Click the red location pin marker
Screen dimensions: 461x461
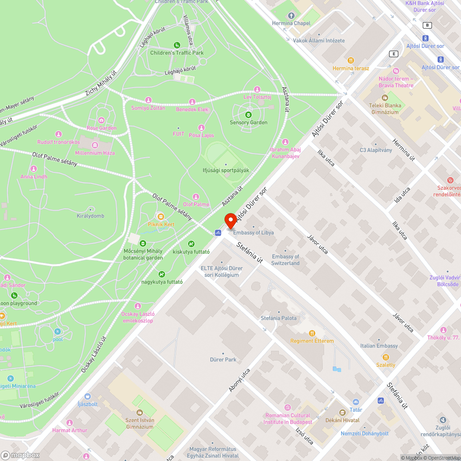[230, 220]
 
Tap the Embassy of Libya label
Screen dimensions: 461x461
[253, 232]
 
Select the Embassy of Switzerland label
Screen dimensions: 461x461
[285, 260]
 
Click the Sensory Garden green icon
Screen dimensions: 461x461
[248, 114]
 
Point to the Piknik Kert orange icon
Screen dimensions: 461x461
[161, 216]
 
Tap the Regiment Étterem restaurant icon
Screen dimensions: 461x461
[312, 333]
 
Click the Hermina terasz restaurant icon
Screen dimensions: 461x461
[351, 60]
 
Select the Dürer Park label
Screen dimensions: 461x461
[223, 360]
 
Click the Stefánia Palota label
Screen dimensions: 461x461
[278, 318]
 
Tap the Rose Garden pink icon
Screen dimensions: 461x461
[101, 120]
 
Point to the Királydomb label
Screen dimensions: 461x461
[90, 216]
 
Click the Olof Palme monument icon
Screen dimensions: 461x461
[196, 197]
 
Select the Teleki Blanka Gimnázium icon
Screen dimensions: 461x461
[385, 98]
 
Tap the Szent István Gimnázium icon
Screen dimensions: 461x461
[140, 413]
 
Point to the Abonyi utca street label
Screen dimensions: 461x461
[240, 380]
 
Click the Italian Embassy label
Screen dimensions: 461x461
[379, 346]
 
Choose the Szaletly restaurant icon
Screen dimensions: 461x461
[386, 357]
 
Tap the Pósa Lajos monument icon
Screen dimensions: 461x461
[201, 128]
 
